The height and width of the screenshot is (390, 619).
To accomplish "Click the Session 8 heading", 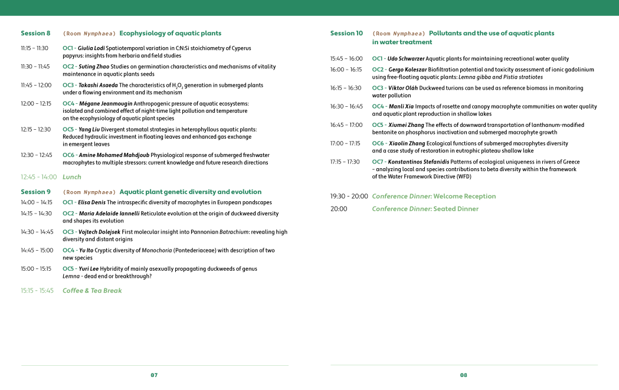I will tap(35, 34).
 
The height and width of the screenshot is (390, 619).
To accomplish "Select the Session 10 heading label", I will tap(346, 34).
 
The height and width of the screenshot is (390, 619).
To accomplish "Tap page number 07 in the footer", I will tap(154, 375).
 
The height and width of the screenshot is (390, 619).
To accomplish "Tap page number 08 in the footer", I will tap(463, 375).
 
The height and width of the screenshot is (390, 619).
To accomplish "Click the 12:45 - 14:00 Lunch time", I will tap(38, 177).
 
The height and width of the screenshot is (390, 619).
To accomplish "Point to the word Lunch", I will tap(72, 177).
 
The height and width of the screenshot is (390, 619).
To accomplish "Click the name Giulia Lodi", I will tap(91, 48).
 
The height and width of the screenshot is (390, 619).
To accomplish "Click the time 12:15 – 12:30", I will tap(35, 129).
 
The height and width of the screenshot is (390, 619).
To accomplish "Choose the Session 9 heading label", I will tap(35, 192).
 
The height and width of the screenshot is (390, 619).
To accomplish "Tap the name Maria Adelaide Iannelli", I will tap(109, 214).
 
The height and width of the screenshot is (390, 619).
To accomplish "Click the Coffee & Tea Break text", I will tap(92, 290).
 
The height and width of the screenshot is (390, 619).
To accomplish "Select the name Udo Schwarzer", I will tap(405, 59).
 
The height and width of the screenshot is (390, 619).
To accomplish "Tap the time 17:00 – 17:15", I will tap(345, 143).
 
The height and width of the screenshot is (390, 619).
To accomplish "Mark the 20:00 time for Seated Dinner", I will tap(339, 209).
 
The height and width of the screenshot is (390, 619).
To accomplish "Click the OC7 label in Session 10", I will tap(378, 162).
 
